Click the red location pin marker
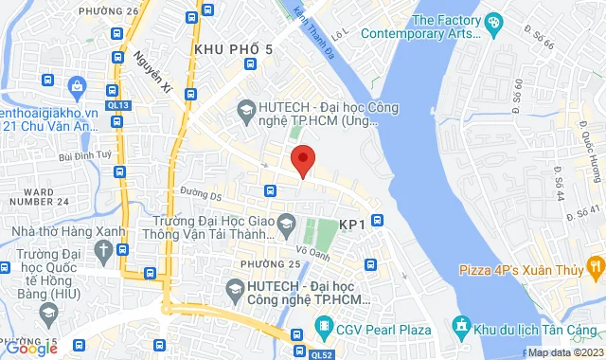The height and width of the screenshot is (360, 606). click(x=302, y=160)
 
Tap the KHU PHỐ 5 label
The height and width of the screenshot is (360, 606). click(x=232, y=49)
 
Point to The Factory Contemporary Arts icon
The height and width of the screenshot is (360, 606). click(x=492, y=21)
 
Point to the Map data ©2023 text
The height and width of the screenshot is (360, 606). click(x=564, y=353)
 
